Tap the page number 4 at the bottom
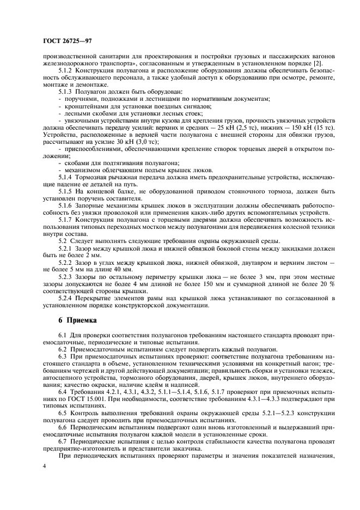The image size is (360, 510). coord(45,467)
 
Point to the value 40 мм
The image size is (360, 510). coord(121,269)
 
